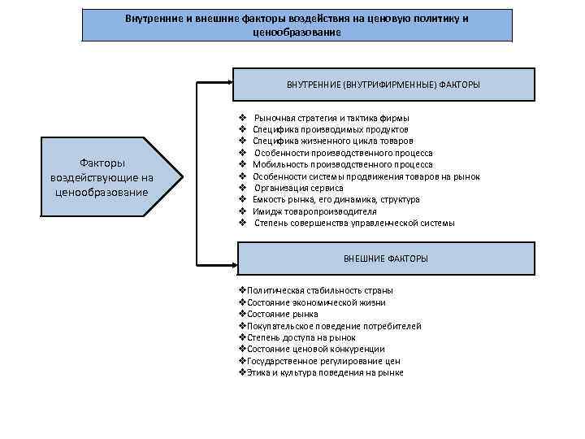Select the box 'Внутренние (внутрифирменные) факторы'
[x=383, y=85]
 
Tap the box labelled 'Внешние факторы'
[x=385, y=258]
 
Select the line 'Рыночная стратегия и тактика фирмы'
[x=331, y=118]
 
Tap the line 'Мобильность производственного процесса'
[x=342, y=164]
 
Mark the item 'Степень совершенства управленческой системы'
[x=353, y=223]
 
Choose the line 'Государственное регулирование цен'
[x=321, y=361]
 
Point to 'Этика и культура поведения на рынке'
[x=323, y=372]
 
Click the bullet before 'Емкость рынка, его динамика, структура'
[x=243, y=199]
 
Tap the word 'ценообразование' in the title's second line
[x=297, y=32]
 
